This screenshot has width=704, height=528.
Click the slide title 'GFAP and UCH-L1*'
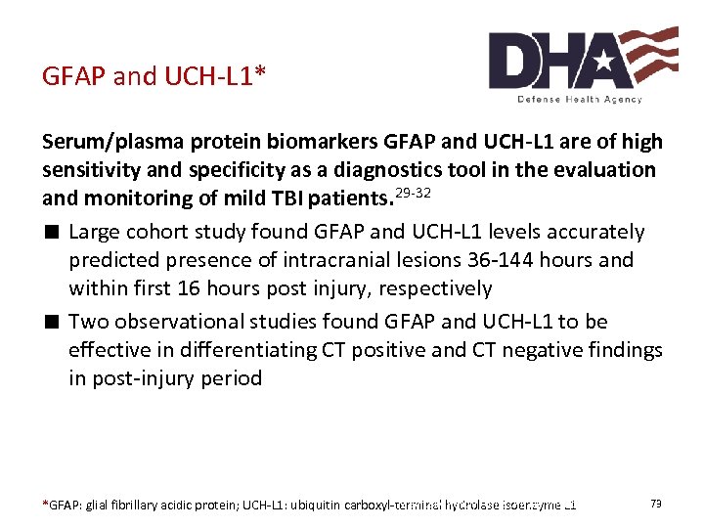[x=154, y=76]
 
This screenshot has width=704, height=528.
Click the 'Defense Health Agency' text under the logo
[x=580, y=99]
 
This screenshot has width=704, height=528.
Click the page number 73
[x=656, y=504]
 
